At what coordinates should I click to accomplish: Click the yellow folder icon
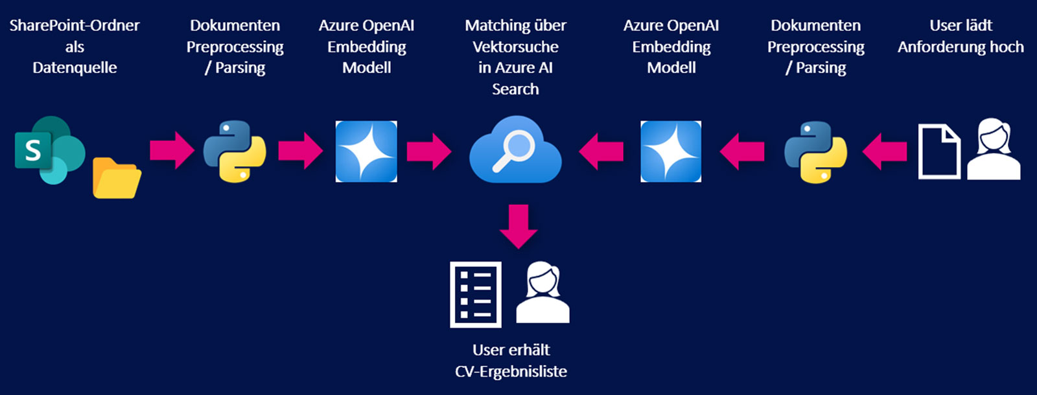117,177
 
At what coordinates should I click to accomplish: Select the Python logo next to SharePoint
235,151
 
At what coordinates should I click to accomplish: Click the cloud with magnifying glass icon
515,150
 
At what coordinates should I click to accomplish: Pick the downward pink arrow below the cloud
518,226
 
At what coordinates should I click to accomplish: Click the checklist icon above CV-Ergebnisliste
476,295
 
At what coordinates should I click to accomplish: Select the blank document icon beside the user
939,152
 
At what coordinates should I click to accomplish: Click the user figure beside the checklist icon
542,293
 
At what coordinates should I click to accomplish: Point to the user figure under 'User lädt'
994,149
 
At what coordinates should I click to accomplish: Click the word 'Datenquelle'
75,68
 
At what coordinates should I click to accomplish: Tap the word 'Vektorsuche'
515,47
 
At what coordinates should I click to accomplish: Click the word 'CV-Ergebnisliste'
511,372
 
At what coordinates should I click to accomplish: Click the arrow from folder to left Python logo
172,151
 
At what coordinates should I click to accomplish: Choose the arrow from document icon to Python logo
884,152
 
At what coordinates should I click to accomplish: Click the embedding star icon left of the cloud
366,151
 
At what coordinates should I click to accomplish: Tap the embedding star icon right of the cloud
671,151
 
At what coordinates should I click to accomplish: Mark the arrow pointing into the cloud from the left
428,151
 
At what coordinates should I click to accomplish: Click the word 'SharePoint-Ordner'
75,26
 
